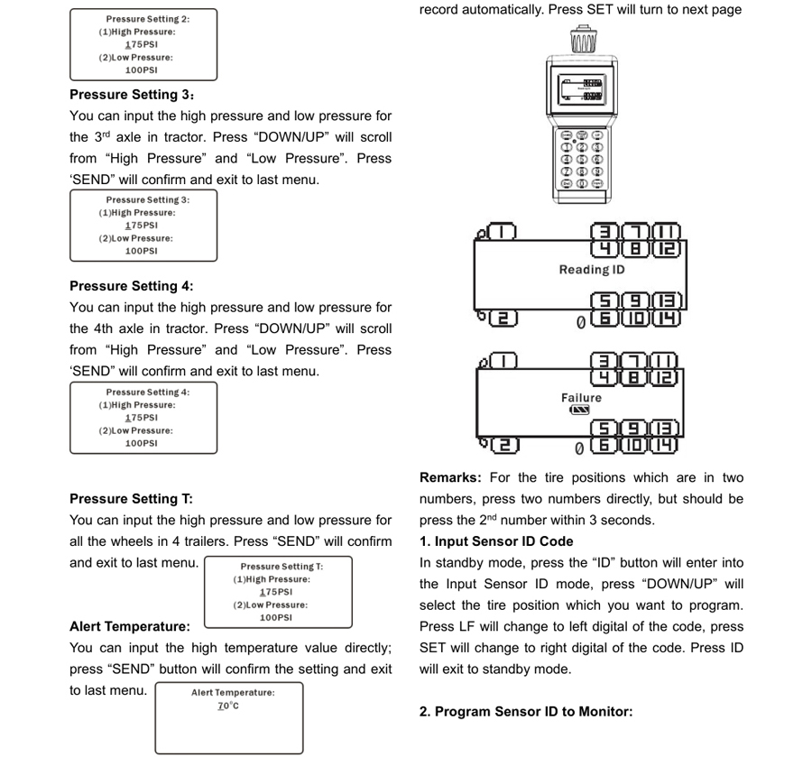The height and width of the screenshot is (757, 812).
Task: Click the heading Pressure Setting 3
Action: pyautogui.click(x=132, y=95)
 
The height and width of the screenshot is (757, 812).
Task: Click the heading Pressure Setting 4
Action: pyautogui.click(x=132, y=286)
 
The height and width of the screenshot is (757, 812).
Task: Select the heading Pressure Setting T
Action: pyautogui.click(x=131, y=499)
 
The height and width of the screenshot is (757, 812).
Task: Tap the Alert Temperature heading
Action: pyautogui.click(x=130, y=626)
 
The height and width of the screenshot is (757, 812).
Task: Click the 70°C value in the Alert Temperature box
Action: pyautogui.click(x=228, y=706)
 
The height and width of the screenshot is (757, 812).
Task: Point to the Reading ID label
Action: pyautogui.click(x=592, y=270)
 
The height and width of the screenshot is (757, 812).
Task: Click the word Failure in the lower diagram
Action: pyautogui.click(x=582, y=398)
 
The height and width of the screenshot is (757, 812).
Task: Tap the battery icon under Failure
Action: pyautogui.click(x=579, y=411)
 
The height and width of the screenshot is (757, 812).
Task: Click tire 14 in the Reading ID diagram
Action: pyautogui.click(x=667, y=318)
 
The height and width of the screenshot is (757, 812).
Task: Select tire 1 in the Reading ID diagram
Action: pyautogui.click(x=502, y=231)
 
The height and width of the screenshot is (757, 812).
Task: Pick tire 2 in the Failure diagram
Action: pyautogui.click(x=504, y=446)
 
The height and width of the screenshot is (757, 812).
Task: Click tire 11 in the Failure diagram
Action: pyautogui.click(x=664, y=360)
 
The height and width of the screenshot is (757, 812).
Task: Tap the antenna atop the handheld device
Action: pyautogui.click(x=583, y=39)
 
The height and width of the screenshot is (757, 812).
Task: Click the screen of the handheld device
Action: pyautogui.click(x=582, y=89)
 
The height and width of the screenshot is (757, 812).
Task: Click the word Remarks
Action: pyautogui.click(x=450, y=477)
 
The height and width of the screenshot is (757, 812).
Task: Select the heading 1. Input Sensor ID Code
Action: pyautogui.click(x=496, y=541)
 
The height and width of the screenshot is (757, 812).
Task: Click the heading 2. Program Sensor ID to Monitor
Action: pyautogui.click(x=526, y=712)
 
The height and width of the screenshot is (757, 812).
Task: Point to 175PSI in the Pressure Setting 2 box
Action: pyautogui.click(x=142, y=44)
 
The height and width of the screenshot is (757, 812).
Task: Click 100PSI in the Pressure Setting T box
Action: pyautogui.click(x=276, y=618)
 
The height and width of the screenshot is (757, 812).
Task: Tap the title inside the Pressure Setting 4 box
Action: pyautogui.click(x=148, y=392)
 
